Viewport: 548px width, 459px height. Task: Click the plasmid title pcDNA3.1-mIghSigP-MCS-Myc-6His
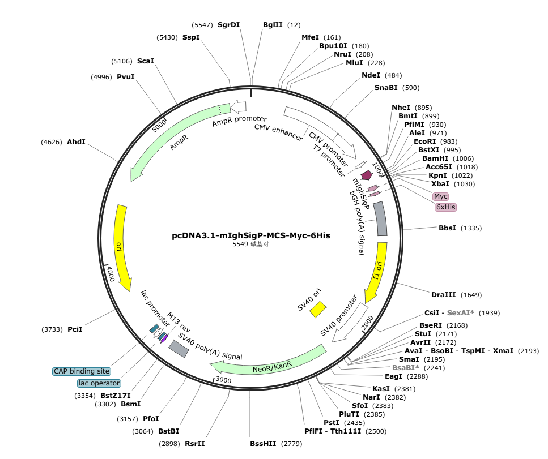[250, 235]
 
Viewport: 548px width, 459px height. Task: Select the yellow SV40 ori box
[318, 309]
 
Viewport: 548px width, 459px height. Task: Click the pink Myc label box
[440, 196]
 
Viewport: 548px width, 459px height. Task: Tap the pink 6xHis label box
[445, 207]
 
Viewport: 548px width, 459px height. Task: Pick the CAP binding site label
[82, 371]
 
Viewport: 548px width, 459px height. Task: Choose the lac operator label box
[99, 383]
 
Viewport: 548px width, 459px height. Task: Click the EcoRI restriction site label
[424, 141]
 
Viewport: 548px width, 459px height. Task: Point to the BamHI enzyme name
[435, 158]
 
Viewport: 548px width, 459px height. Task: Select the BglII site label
[273, 25]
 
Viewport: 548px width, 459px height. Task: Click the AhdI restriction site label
[76, 142]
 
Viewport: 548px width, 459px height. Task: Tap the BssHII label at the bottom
[263, 444]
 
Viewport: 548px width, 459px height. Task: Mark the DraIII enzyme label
[443, 295]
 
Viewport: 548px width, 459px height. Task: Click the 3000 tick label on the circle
[223, 380]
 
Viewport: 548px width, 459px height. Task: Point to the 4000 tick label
[111, 273]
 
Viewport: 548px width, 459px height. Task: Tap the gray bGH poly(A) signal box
[380, 219]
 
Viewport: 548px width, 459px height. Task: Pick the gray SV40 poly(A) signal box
[179, 348]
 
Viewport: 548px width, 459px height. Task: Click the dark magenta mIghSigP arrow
[366, 175]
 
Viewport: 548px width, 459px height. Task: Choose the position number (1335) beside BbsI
[471, 228]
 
